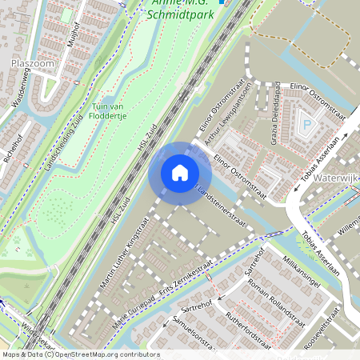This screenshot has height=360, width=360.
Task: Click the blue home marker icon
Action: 179,173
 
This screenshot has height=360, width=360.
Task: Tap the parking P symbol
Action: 306,124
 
